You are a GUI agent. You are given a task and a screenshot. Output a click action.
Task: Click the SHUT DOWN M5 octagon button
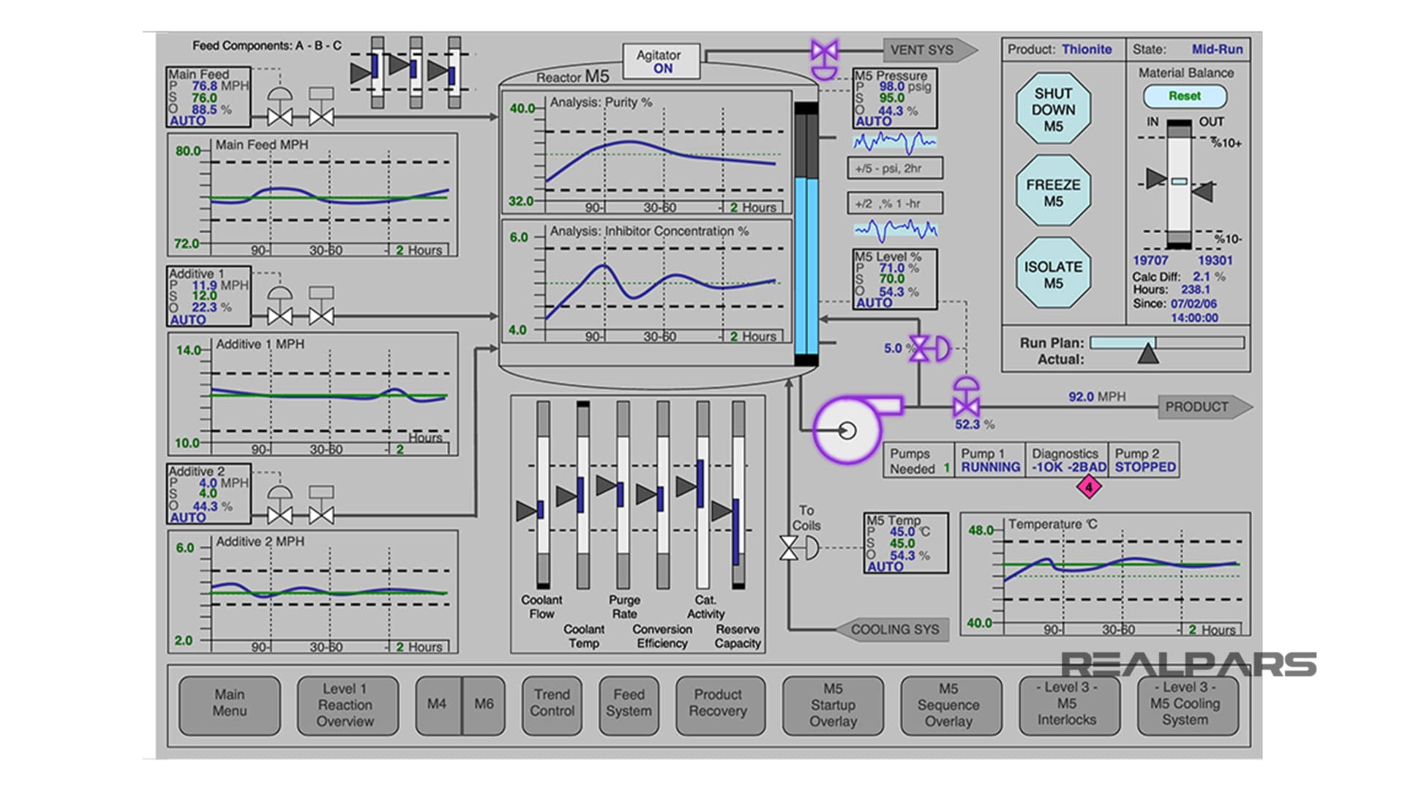tap(1053, 109)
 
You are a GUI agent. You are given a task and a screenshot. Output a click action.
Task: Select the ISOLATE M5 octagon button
tap(1053, 274)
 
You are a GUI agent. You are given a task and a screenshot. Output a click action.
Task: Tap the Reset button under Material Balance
tap(1184, 96)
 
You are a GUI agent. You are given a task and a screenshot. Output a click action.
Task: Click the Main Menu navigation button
tap(229, 704)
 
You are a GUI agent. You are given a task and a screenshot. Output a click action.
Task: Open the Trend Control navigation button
tap(552, 704)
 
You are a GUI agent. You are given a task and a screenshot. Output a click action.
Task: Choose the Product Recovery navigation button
tap(719, 704)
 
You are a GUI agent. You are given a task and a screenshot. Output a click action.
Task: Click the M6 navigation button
tap(484, 704)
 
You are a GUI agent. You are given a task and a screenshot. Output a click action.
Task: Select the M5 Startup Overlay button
tap(833, 704)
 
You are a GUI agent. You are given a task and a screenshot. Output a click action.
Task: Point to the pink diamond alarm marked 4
tap(1088, 487)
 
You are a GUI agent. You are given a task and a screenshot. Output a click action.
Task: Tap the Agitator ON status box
tap(661, 62)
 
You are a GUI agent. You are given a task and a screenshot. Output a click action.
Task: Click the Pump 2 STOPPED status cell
tap(1144, 461)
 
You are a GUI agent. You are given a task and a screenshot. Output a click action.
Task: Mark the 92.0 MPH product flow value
tap(1096, 397)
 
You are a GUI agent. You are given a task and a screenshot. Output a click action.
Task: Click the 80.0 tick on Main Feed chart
tap(188, 151)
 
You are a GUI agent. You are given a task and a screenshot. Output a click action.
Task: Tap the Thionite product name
tap(1087, 49)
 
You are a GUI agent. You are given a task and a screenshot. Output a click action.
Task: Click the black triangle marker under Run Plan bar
tap(1148, 354)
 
